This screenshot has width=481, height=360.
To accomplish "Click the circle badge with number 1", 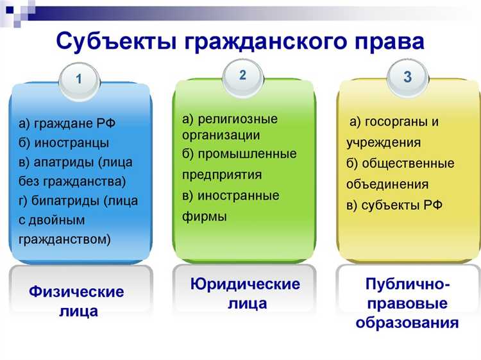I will click(x=79, y=80).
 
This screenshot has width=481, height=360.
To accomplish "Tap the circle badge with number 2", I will click(x=242, y=75).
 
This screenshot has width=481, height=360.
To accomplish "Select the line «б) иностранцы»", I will click(x=63, y=142).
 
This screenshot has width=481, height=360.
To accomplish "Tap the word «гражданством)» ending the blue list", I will click(x=64, y=239).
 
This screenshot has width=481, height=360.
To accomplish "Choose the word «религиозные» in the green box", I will click(x=237, y=119).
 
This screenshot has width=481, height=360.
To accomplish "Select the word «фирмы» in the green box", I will click(x=204, y=216).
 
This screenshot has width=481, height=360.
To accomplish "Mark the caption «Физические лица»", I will click(x=76, y=302).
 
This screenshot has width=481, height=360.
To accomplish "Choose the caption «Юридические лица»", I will click(x=246, y=293).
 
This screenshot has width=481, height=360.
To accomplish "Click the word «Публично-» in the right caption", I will click(x=408, y=284).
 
